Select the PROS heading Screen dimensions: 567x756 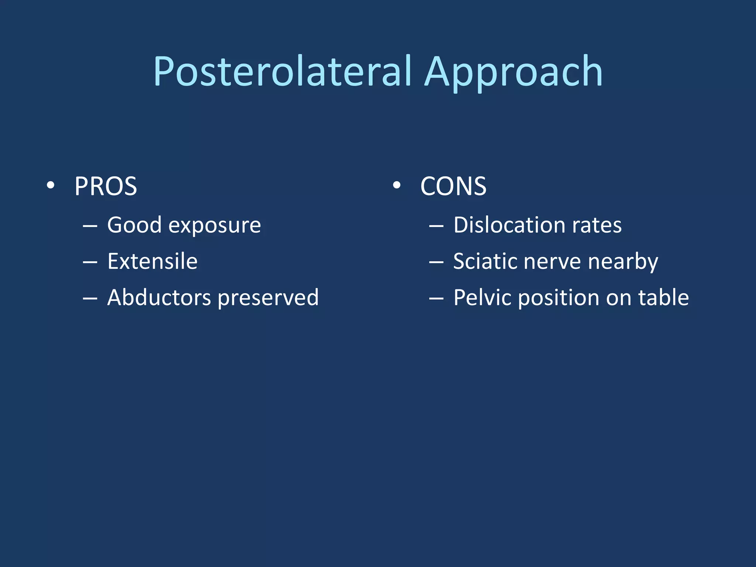(106, 186)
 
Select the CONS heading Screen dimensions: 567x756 (453, 186)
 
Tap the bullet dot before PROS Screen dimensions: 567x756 (51, 185)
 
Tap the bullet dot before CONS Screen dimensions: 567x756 (396, 185)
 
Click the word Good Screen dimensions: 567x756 (134, 225)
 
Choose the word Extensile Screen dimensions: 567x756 (152, 261)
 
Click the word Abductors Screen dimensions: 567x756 (159, 298)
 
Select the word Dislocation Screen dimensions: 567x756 (509, 225)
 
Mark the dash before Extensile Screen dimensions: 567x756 (90, 262)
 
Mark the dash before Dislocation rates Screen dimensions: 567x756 (436, 226)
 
